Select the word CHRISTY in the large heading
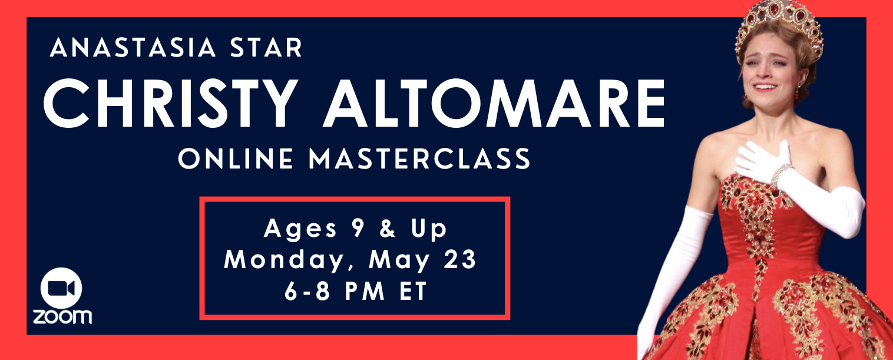[x=171, y=103]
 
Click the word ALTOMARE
[x=494, y=103]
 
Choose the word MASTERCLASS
[x=419, y=158]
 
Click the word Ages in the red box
[x=300, y=229]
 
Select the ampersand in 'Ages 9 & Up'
[x=388, y=228]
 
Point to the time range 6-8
[x=307, y=291]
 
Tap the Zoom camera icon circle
[x=61, y=288]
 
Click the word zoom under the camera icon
[x=62, y=316]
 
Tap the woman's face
[x=768, y=70]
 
